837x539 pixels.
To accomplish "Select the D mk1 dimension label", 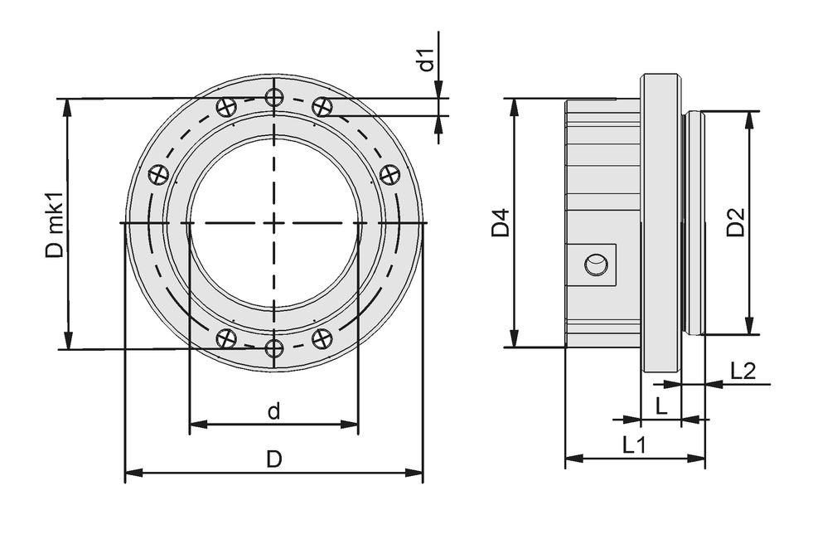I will click(54, 226).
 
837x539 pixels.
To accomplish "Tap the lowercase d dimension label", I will click(273, 410).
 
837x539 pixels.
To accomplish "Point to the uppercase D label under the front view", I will click(273, 459).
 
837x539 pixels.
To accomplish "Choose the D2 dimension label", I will click(735, 222).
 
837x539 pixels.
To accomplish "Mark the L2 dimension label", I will click(743, 371).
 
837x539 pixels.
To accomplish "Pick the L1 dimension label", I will click(634, 444).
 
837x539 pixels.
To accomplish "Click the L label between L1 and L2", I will click(660, 406).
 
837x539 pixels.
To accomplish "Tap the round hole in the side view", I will click(595, 265).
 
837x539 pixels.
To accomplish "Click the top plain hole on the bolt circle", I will click(274, 98).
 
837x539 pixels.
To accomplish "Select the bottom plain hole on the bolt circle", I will click(274, 348).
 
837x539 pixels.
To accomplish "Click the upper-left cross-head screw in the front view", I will click(226, 106).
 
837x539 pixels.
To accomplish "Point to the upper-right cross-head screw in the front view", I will click(322, 106).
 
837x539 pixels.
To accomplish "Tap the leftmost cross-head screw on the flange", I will click(159, 174).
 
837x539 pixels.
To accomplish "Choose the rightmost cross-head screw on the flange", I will click(389, 174).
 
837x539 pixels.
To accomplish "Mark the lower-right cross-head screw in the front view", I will click(322, 338).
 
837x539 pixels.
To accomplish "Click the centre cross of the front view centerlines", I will click(274, 223).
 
